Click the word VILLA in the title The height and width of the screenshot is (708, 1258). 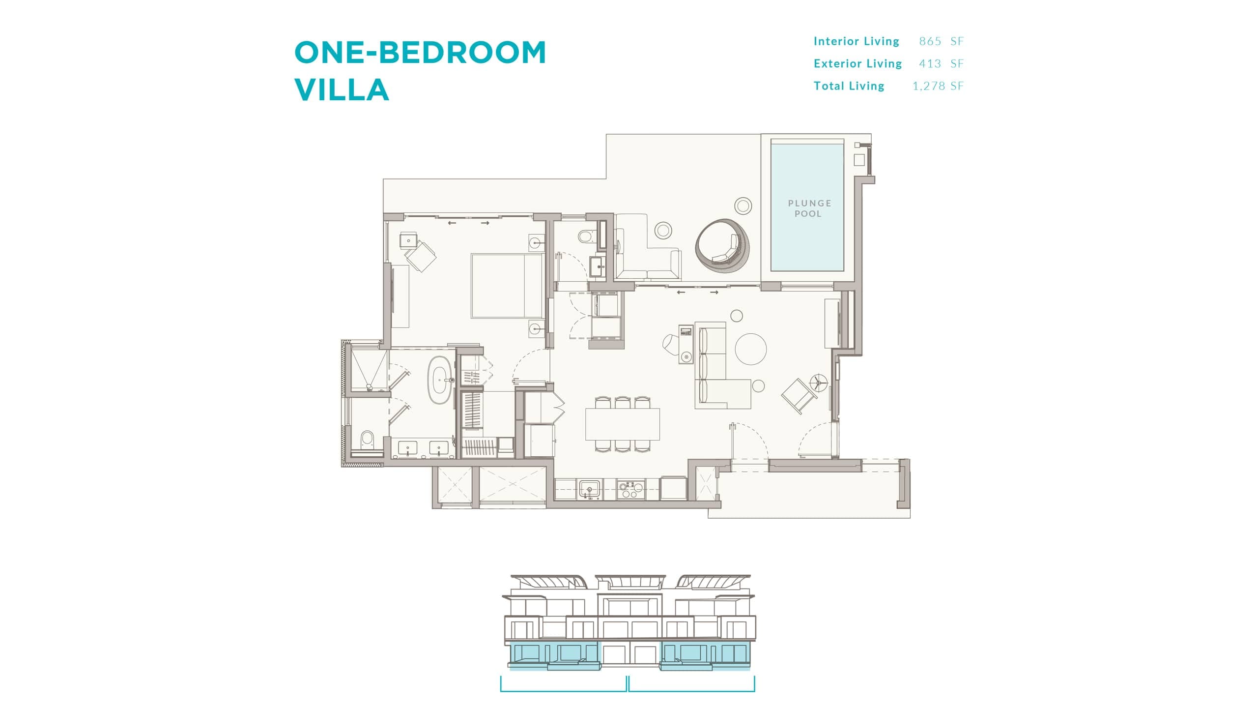pos(342,89)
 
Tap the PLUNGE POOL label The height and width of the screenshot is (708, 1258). pos(809,208)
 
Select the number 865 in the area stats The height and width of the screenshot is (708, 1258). pos(930,41)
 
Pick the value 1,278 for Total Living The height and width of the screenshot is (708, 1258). pos(929,86)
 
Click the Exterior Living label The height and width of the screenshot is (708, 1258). pos(858,63)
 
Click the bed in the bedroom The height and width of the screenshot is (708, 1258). pos(507,286)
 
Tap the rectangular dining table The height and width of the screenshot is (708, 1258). pos(623,424)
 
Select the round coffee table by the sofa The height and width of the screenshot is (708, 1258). pos(750,349)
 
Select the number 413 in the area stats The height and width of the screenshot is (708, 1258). pos(930,63)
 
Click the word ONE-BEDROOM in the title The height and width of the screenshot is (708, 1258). pos(420,52)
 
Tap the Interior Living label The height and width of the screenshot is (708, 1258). pos(857,41)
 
